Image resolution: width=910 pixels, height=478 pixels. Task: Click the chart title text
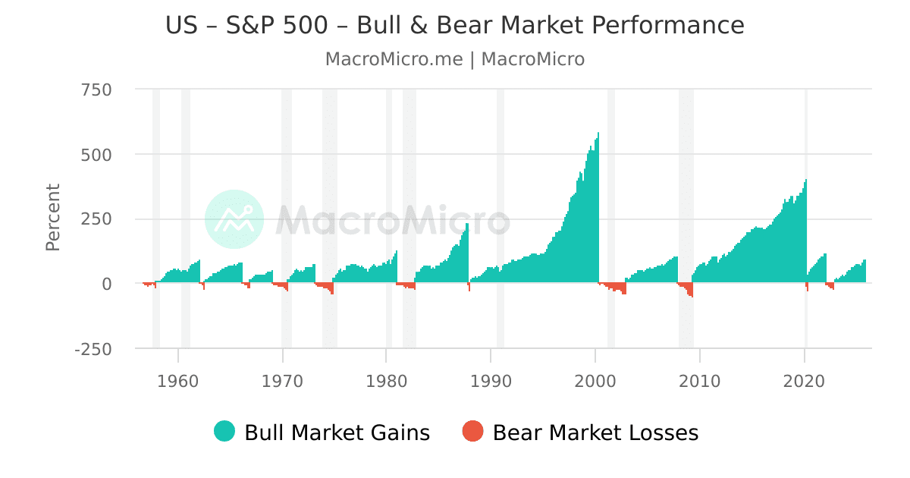coord(455,26)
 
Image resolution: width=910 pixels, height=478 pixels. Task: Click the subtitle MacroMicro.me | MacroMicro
coord(455,59)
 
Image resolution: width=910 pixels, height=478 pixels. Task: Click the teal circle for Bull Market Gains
coord(224,432)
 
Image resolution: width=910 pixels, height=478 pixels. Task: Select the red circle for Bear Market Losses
coord(472,432)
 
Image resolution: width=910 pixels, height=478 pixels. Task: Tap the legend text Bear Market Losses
coord(595,432)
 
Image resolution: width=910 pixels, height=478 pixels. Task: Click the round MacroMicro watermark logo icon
coord(234,219)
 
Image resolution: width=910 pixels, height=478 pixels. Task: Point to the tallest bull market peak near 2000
coord(598,135)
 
